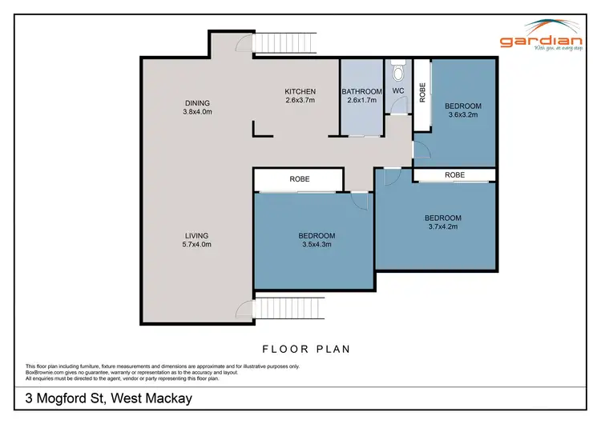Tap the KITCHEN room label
point(300,91)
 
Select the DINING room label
point(196,102)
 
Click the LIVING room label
point(196,235)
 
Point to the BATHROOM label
point(363,91)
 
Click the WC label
point(398,91)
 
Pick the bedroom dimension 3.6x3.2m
point(462,115)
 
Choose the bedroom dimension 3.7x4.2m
point(442,227)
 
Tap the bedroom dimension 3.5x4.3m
point(317,245)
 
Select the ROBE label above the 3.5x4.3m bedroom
point(300,179)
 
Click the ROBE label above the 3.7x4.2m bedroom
point(454,174)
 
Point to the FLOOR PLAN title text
point(306,350)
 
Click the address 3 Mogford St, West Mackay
point(109,398)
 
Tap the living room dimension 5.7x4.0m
point(196,245)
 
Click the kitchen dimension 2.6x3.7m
point(300,101)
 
